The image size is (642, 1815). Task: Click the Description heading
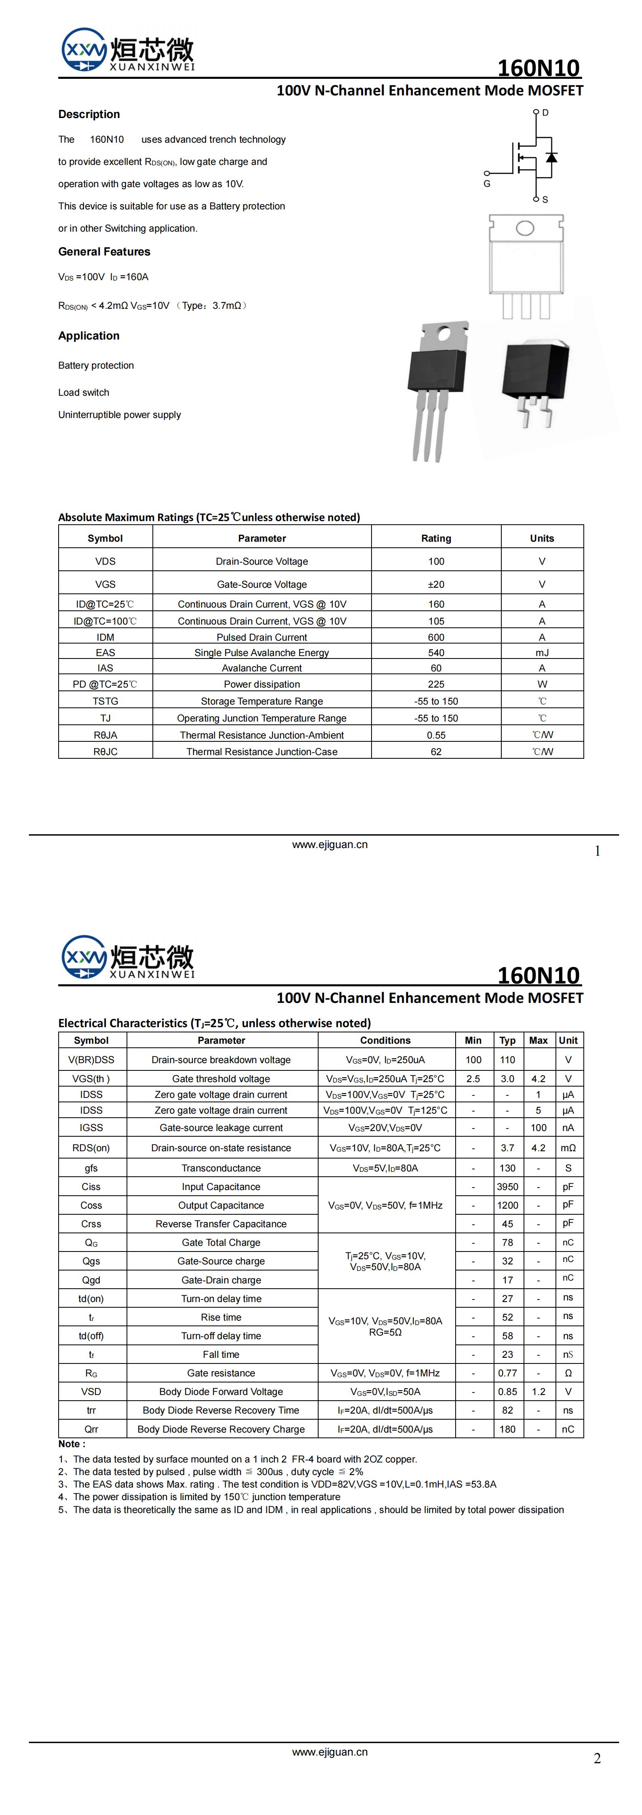click(x=89, y=114)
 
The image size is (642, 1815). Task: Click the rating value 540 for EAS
click(x=436, y=652)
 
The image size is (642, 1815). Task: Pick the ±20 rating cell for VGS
click(x=436, y=584)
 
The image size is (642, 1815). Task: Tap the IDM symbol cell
click(x=106, y=637)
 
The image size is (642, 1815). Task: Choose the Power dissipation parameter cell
click(x=262, y=684)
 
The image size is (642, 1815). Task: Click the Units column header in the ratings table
click(x=542, y=538)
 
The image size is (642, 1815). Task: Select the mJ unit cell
click(x=542, y=652)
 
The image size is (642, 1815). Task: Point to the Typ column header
click(x=507, y=1040)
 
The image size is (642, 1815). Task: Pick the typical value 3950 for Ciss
click(x=507, y=1186)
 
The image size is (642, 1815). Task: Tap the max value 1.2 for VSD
click(x=539, y=1391)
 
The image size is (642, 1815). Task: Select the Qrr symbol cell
click(x=92, y=1429)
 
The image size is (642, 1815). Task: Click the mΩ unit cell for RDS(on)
click(x=568, y=1148)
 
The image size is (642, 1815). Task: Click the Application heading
click(x=89, y=336)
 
